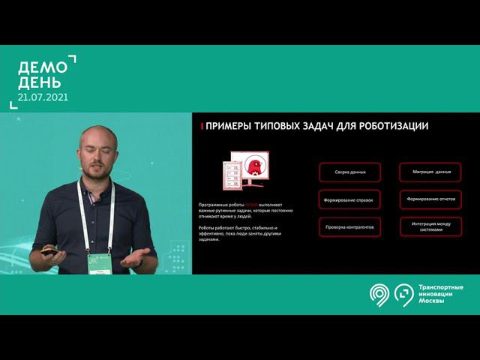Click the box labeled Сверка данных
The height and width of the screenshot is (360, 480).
[x=349, y=172]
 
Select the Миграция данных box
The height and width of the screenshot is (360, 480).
[x=431, y=172]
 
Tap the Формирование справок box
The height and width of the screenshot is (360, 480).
[x=349, y=199]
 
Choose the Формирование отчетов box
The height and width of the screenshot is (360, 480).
[x=431, y=199]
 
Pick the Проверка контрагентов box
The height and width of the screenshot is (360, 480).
[x=349, y=226]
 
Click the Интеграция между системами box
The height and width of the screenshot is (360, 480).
[x=431, y=226]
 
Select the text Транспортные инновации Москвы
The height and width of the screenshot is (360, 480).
[x=439, y=295]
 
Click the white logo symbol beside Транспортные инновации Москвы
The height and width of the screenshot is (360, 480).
[x=391, y=295]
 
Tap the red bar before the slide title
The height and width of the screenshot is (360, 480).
[x=202, y=126]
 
